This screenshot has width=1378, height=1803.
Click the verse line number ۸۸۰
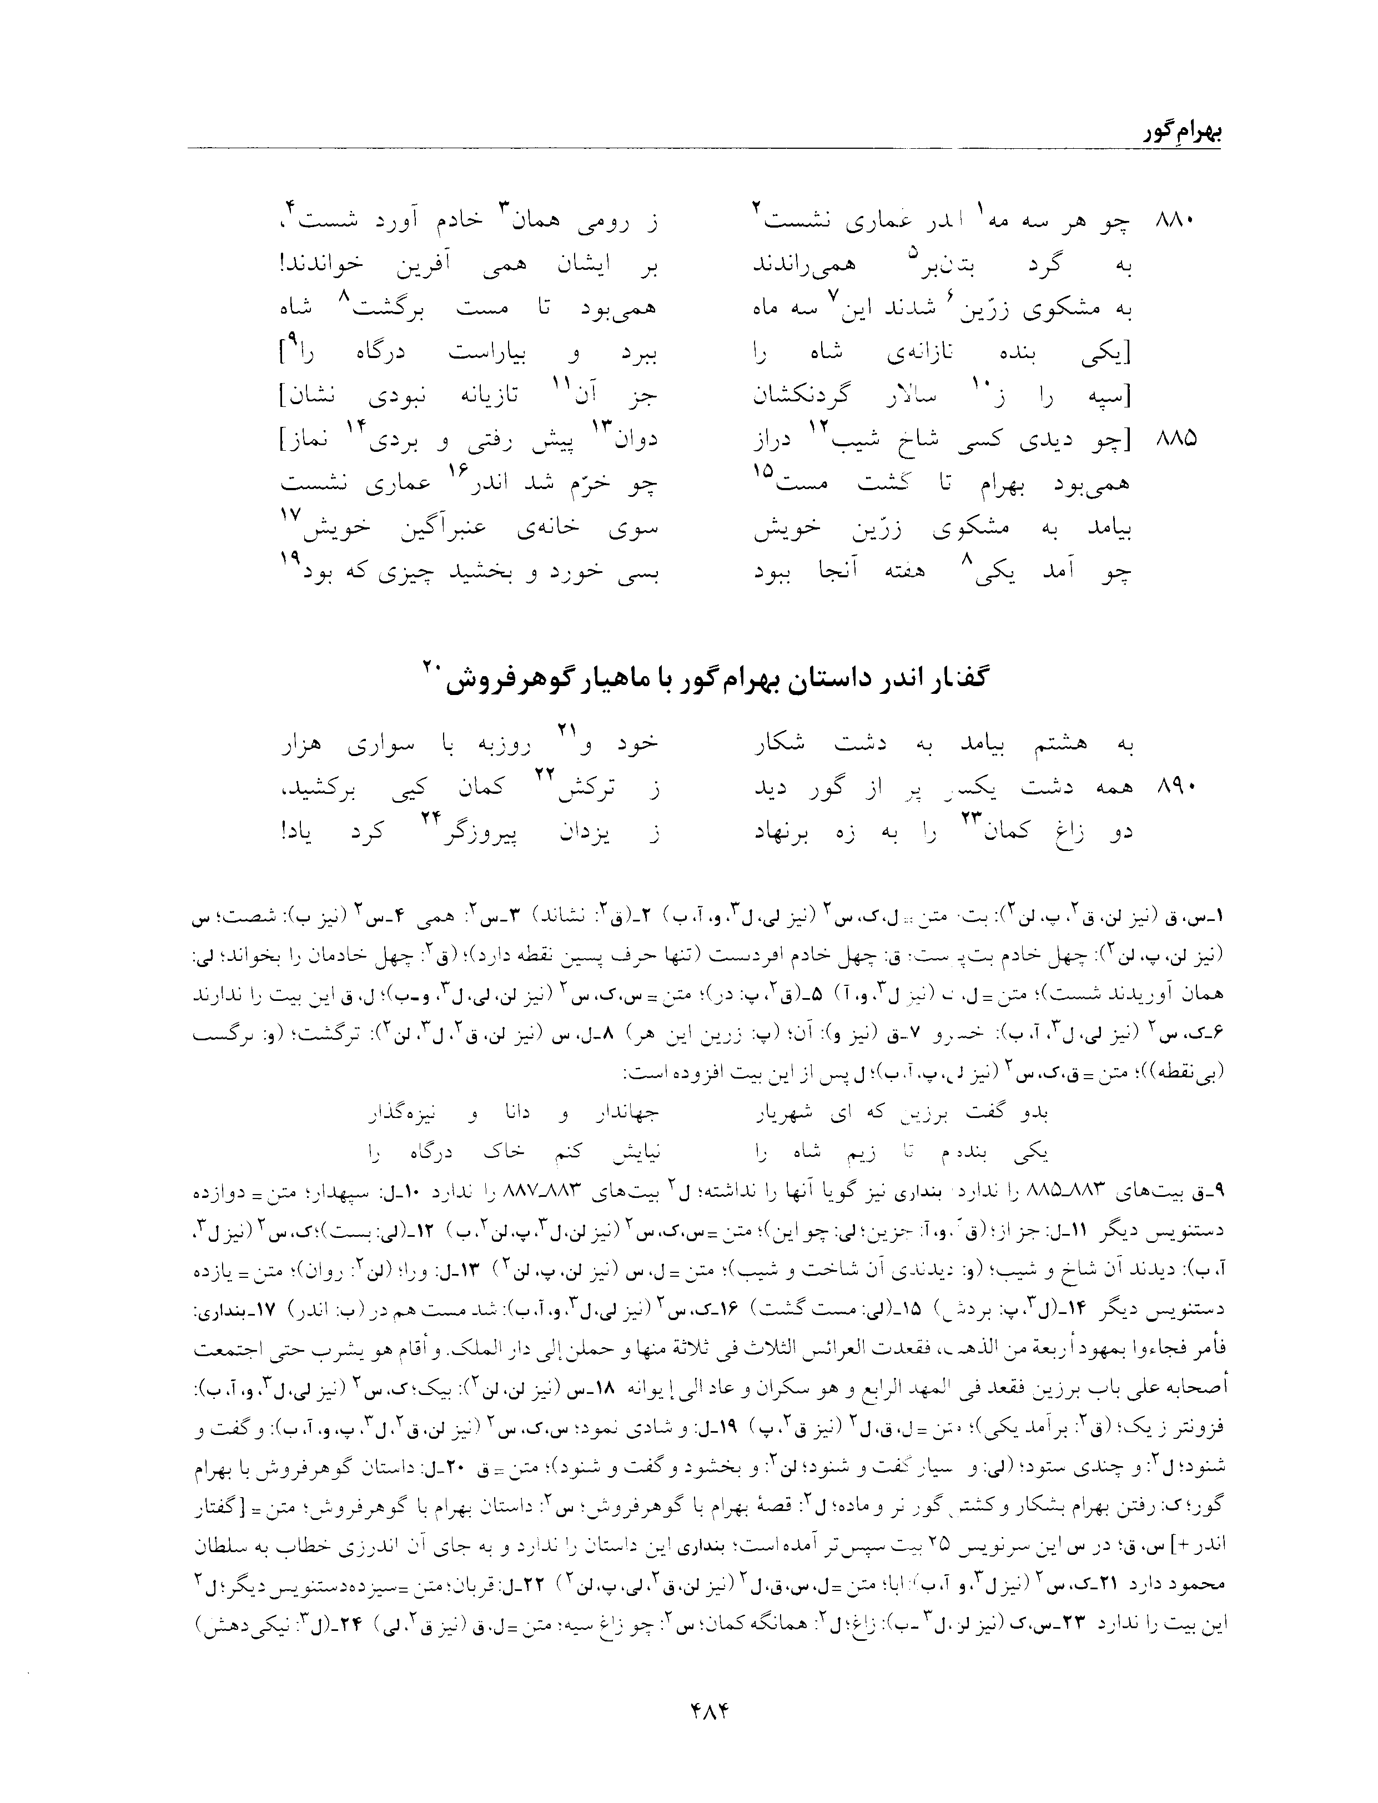click(x=1175, y=222)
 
